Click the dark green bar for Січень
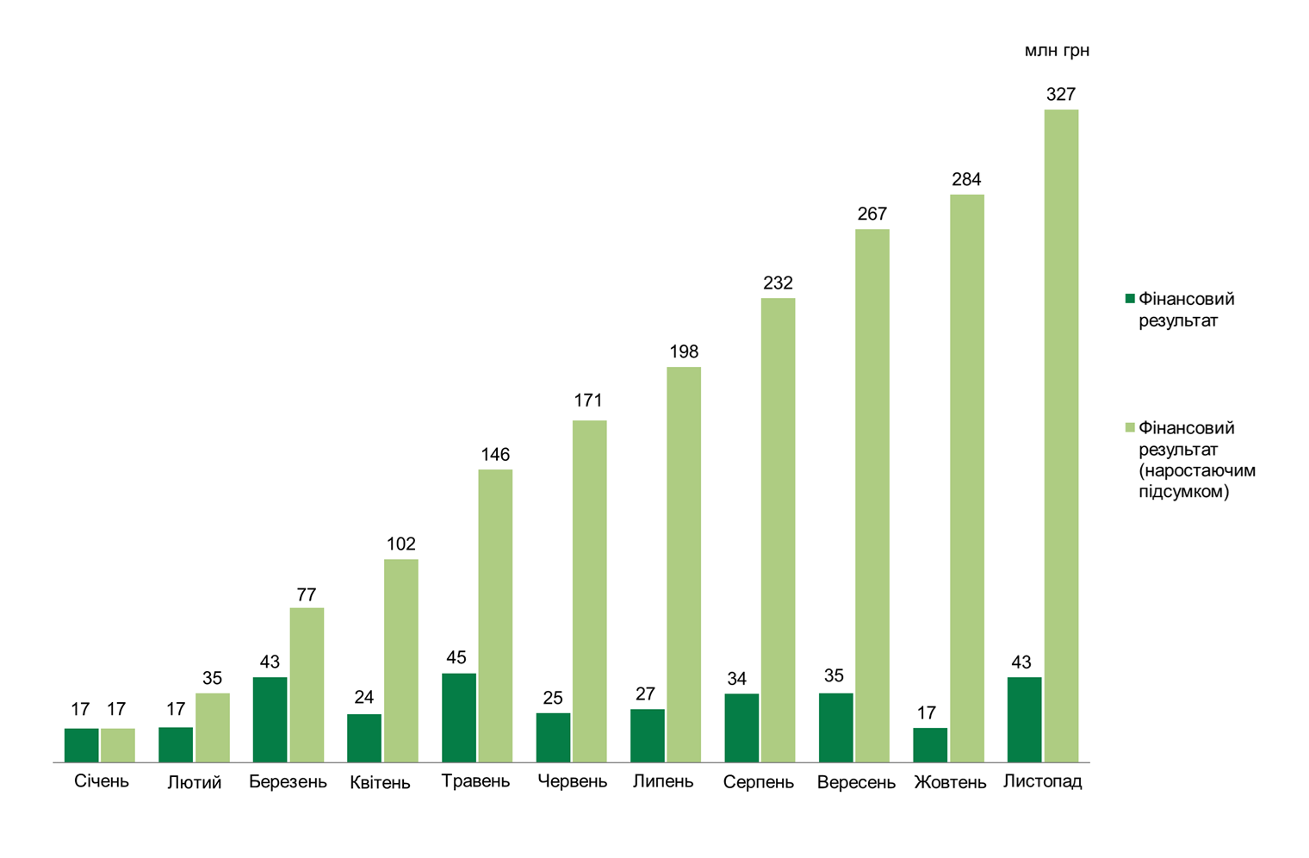[x=81, y=745]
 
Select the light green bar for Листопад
[x=1061, y=436]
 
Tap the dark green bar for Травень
[x=458, y=718]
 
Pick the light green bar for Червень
[x=589, y=591]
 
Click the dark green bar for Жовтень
[x=930, y=745]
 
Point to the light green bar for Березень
[x=307, y=685]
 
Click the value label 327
[x=1061, y=95]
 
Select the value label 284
[x=966, y=180]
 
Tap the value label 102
[x=400, y=544]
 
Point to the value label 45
[x=456, y=658]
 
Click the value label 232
[x=778, y=283]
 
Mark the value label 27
[x=645, y=694]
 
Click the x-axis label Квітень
[x=380, y=783]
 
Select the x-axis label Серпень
[x=758, y=783]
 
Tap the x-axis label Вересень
[x=856, y=783]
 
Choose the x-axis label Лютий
[x=194, y=783]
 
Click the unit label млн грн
[x=1057, y=51]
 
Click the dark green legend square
[x=1130, y=299]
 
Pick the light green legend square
[x=1130, y=428]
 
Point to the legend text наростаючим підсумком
[x=1197, y=482]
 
